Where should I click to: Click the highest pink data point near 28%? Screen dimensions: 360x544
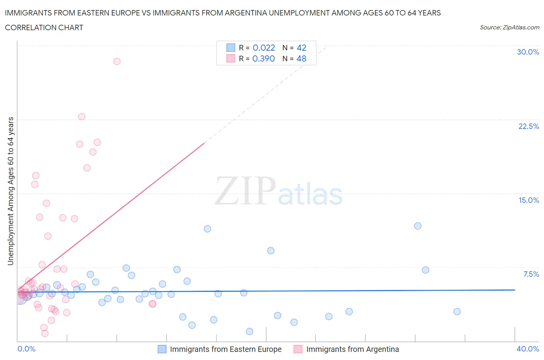[117, 61]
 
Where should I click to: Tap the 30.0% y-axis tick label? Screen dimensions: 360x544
[528, 52]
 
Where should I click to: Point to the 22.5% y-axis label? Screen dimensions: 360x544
[529, 126]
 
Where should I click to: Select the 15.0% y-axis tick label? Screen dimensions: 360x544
[529, 200]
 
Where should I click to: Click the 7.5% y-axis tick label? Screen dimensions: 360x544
[531, 274]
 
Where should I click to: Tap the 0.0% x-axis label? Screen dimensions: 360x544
[26, 349]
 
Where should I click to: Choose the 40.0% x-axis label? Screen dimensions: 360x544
[528, 349]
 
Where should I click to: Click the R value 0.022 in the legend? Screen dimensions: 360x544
[263, 48]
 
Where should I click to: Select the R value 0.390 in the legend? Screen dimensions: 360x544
[263, 58]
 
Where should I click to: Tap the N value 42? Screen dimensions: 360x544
[301, 48]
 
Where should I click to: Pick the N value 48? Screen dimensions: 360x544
[301, 58]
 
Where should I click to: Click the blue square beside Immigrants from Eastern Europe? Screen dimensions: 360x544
[162, 349]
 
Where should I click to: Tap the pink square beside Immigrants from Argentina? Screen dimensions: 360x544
[298, 349]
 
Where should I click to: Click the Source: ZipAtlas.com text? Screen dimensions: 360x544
[509, 27]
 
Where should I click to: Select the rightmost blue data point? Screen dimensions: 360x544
[457, 312]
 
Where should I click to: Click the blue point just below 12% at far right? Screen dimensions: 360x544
[418, 226]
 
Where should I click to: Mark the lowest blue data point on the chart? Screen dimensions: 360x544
[250, 331]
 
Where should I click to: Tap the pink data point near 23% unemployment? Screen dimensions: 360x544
[82, 117]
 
